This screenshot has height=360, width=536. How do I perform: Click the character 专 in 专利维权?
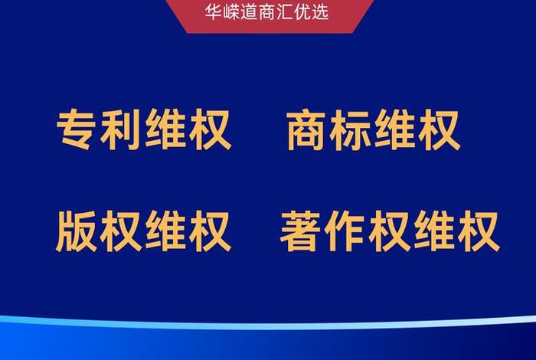point(79,131)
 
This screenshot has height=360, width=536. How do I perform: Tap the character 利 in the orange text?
point(123,131)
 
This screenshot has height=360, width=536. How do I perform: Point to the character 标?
point(351,131)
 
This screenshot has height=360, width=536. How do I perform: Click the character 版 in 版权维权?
point(78,232)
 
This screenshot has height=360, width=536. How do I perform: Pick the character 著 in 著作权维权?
point(302,232)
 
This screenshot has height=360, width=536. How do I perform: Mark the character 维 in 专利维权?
point(166,131)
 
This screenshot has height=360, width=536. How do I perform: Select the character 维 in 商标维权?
point(395,131)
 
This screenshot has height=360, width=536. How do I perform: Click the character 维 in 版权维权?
point(166,232)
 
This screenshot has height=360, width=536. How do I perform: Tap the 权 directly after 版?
point(123,232)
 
